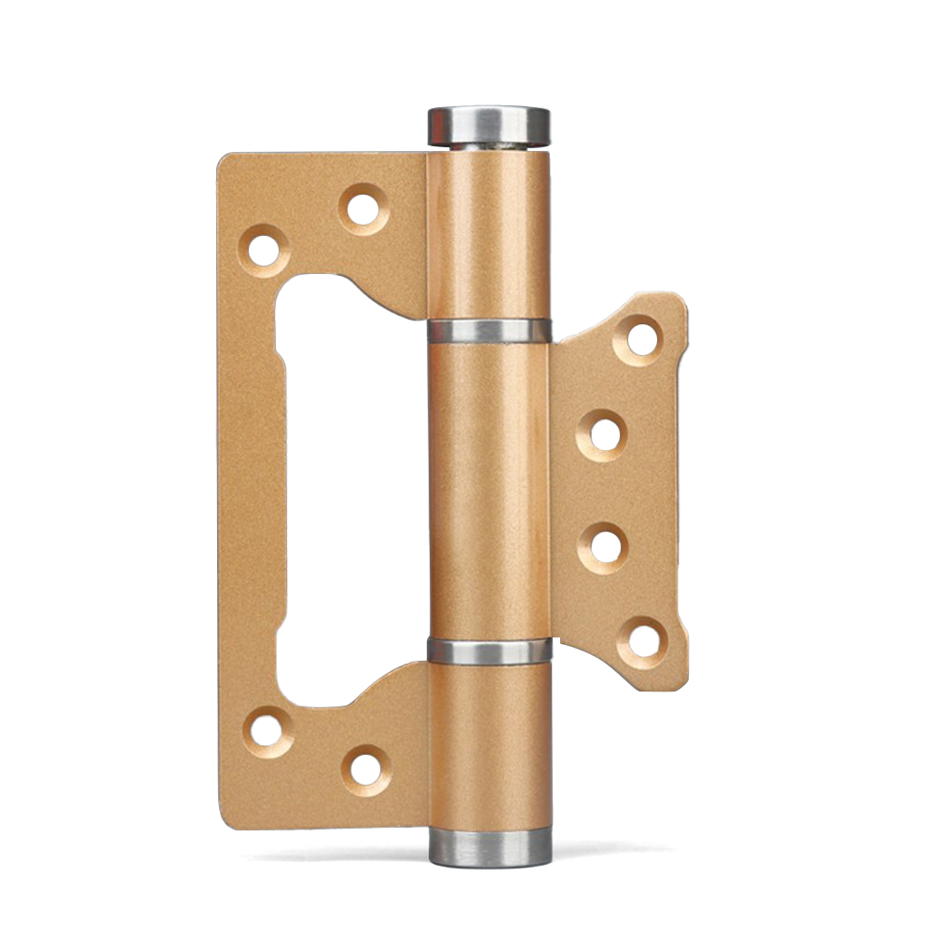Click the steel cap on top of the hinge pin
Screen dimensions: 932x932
488,126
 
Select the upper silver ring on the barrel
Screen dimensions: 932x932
488,331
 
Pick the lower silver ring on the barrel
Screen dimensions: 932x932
488,650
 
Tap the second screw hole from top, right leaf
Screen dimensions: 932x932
605,433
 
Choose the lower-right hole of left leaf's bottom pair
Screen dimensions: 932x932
366,767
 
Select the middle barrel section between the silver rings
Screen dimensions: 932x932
488,489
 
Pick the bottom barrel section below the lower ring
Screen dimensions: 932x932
488,746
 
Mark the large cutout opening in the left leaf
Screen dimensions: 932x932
349,485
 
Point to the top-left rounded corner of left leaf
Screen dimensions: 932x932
226,162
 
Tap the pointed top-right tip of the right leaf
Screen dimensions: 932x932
678,300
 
